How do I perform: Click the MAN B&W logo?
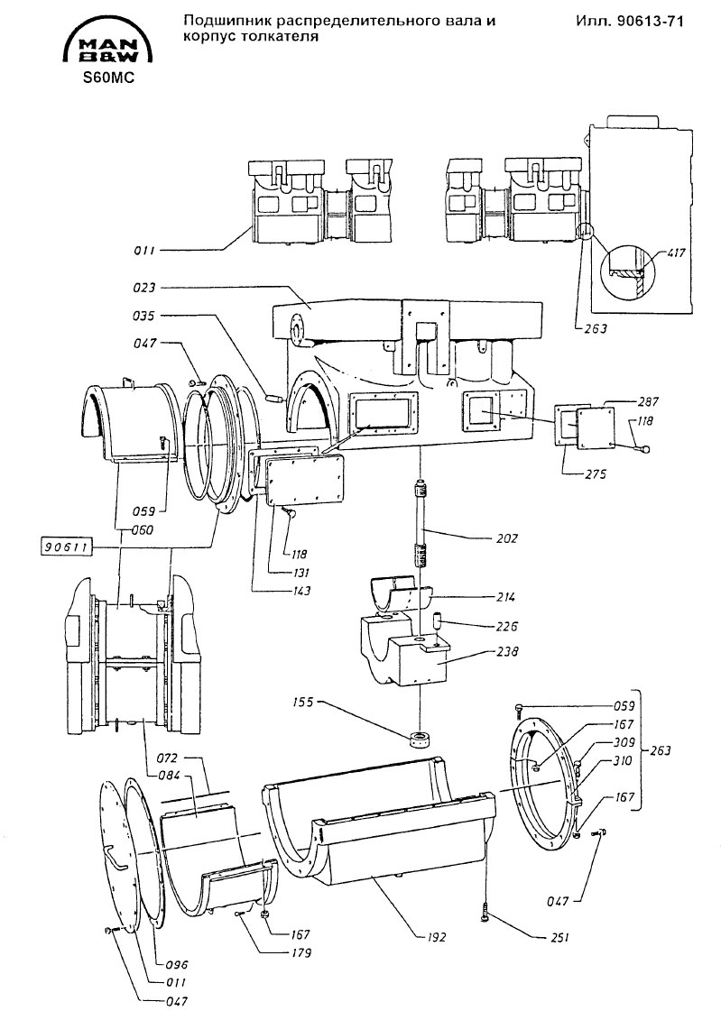pyautogui.click(x=108, y=44)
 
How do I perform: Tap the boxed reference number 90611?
pyautogui.click(x=67, y=547)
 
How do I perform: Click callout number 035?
pyautogui.click(x=143, y=316)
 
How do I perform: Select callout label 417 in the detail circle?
pyautogui.click(x=676, y=253)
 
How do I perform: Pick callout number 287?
pyautogui.click(x=629, y=401)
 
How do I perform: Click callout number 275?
pyautogui.click(x=594, y=474)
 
